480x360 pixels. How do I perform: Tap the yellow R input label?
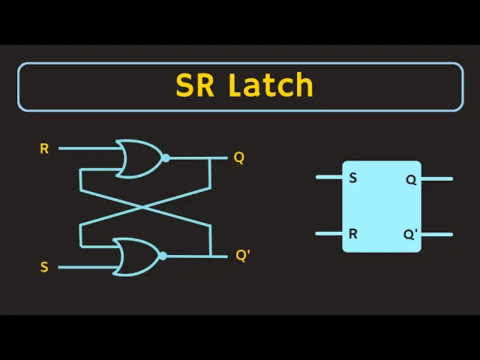point(44,148)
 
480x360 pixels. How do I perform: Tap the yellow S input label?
point(44,267)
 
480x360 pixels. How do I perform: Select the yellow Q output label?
point(238,157)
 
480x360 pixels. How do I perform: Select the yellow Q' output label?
point(242,255)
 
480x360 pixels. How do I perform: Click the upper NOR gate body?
point(139,157)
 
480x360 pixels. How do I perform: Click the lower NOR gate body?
point(137,256)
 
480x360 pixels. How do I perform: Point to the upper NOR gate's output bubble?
point(165,157)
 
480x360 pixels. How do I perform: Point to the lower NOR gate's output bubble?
point(163,256)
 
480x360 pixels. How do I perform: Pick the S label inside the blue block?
point(353,178)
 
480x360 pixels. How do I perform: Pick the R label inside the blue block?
point(353,233)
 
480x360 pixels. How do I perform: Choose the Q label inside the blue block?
point(411,180)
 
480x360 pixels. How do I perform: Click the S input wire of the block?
point(328,178)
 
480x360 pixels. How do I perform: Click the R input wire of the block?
point(328,233)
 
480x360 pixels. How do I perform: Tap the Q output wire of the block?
point(437,178)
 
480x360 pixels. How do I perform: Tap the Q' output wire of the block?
point(437,233)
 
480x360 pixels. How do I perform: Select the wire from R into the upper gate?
point(86,148)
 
